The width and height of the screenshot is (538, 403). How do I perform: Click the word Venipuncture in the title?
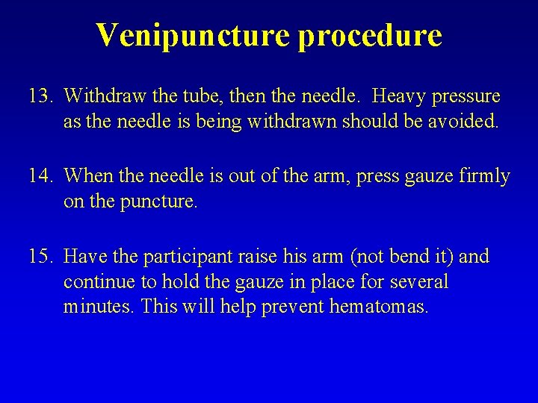191,35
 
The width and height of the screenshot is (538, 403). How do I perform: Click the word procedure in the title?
369,35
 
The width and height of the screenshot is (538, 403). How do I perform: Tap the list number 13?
40,97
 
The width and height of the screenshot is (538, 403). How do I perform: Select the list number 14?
40,177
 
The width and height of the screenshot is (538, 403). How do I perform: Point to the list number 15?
40,257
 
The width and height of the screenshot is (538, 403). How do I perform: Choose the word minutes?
95,305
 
